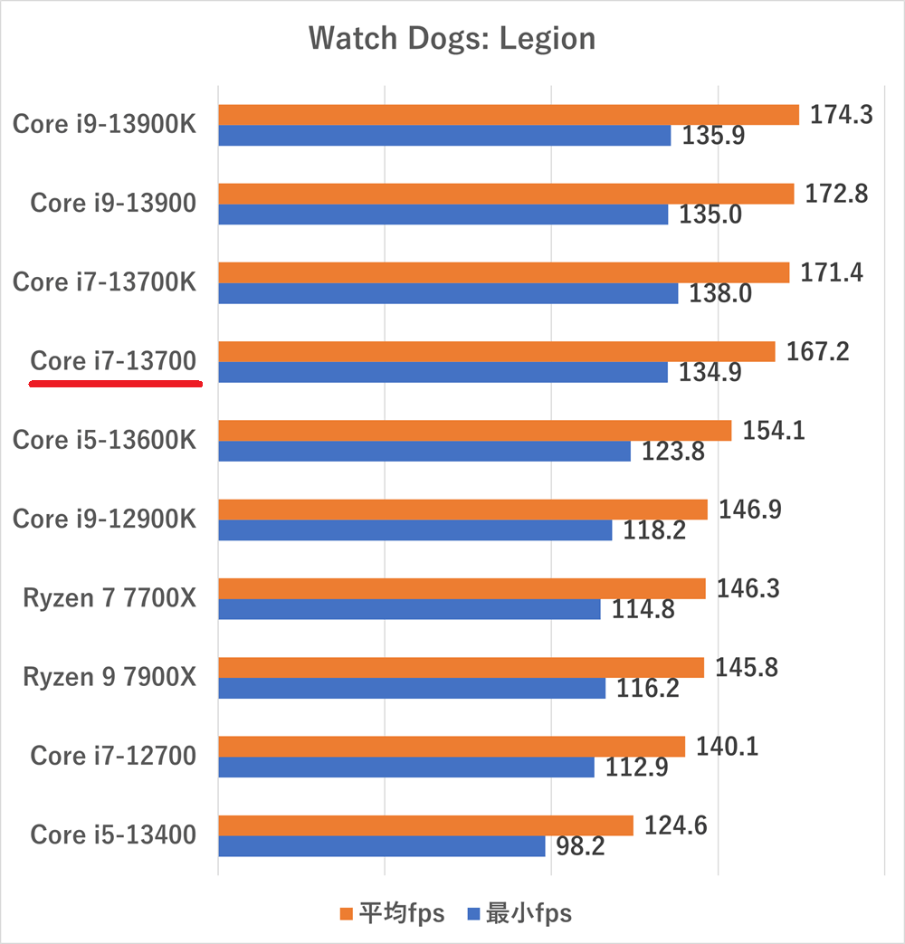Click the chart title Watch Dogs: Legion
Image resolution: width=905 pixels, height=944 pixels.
[452, 39]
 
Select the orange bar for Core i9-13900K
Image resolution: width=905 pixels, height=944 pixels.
[508, 114]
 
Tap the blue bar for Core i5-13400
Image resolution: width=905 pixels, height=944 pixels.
[381, 846]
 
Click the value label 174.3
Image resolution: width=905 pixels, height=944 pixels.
[842, 115]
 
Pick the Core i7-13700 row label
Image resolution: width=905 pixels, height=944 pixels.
[113, 361]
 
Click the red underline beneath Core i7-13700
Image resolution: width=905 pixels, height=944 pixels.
[115, 384]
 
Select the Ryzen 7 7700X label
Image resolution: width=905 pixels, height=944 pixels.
[110, 598]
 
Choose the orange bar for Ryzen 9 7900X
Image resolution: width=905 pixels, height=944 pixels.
[461, 668]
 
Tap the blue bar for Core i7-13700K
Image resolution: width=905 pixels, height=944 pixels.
[448, 293]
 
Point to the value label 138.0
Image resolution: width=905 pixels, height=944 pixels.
[721, 294]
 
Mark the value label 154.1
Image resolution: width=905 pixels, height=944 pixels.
[774, 430]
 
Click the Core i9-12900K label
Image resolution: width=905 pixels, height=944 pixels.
[104, 519]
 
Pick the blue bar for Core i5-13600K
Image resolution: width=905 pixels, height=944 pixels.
[424, 451]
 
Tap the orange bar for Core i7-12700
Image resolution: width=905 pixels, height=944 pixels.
[452, 747]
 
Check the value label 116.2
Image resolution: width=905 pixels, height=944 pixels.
[647, 689]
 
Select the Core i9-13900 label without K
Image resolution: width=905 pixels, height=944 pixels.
[113, 203]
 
